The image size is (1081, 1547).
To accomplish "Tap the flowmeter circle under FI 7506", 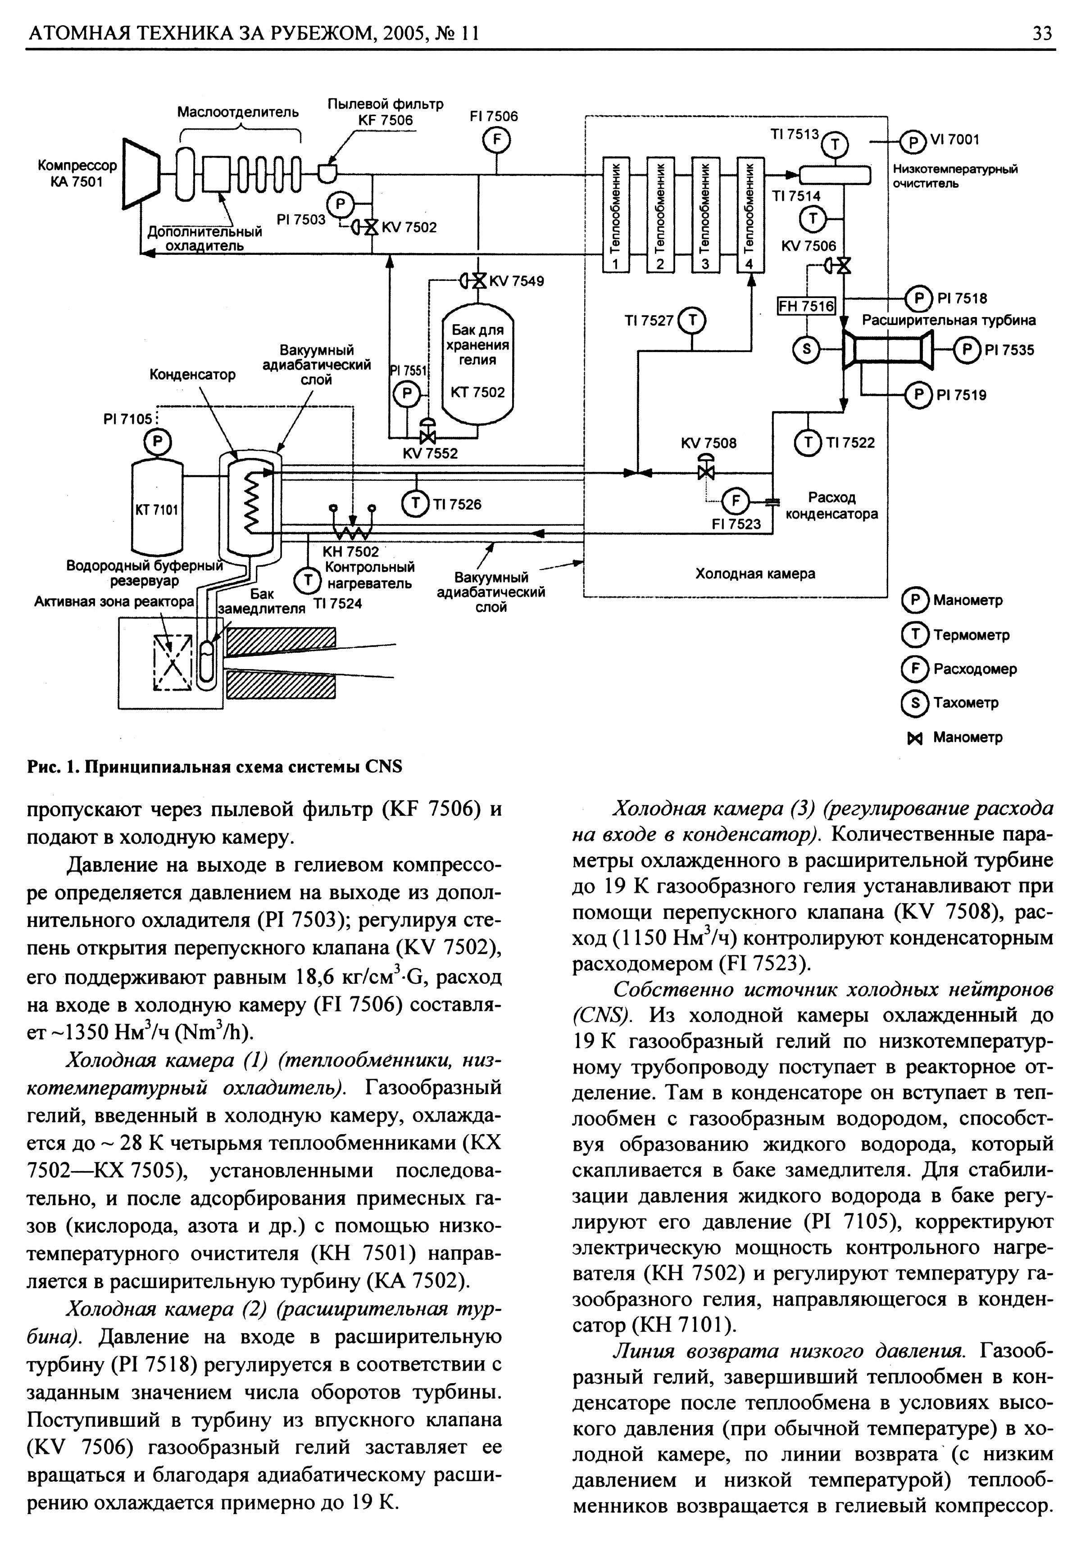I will [x=497, y=141].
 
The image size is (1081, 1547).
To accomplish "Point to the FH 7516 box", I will [x=806, y=307].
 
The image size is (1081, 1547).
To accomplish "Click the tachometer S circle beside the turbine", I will [x=806, y=349].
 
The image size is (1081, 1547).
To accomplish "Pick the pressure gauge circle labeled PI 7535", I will [x=968, y=349].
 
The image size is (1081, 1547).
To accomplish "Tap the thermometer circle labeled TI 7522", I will [x=806, y=443].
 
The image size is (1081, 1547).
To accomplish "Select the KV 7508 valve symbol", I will [x=706, y=470].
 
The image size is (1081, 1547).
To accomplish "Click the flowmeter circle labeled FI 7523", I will [x=735, y=501].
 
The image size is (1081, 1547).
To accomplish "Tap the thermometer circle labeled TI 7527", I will [x=691, y=320].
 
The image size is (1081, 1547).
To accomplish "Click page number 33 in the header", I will [x=1042, y=33].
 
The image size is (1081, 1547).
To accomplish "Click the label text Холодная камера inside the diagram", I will [x=755, y=574].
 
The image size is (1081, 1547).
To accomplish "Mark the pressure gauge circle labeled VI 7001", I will [x=913, y=141].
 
